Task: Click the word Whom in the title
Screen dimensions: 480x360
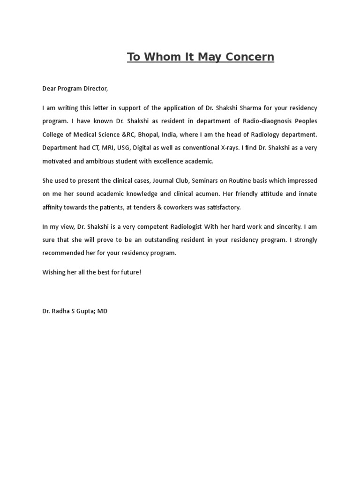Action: (x=162, y=57)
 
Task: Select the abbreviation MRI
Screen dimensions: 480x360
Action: (x=103, y=148)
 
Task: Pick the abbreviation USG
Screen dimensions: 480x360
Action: (x=122, y=148)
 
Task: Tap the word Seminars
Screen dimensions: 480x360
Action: (x=205, y=180)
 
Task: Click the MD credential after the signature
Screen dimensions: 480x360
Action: (x=102, y=311)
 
